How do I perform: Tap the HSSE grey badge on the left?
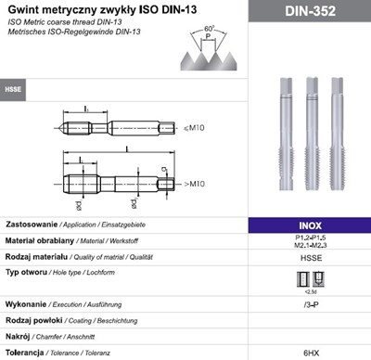[x=14, y=90]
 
